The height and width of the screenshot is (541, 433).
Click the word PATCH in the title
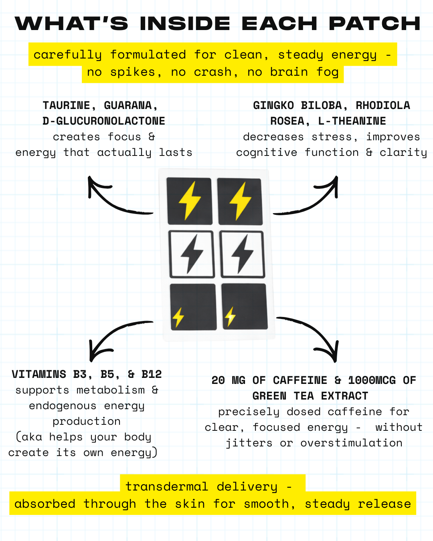[374, 23]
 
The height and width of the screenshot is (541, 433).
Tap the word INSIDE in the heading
[185, 23]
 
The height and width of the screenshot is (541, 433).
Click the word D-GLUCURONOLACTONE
[104, 121]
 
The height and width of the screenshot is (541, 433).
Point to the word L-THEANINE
[352, 121]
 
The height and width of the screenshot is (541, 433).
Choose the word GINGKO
[273, 105]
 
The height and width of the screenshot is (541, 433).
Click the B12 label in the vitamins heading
[152, 374]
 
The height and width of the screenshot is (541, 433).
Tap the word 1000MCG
[372, 380]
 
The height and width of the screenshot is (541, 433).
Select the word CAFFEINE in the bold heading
[300, 380]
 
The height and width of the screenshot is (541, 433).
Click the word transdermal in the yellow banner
[166, 486]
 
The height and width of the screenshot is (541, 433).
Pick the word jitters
[249, 443]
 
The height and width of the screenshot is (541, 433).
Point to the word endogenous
[63, 406]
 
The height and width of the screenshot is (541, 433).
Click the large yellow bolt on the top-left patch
[190, 201]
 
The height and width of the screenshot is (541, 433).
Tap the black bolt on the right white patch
[242, 254]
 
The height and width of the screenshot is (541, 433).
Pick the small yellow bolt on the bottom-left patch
[178, 317]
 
